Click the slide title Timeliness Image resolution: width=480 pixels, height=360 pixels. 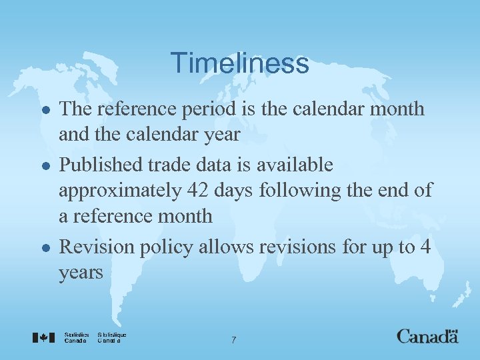[x=239, y=64]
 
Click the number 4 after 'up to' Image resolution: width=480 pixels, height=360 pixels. [x=425, y=247]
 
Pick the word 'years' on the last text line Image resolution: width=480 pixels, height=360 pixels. [x=81, y=273]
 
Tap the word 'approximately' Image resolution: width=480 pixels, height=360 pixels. [x=117, y=191]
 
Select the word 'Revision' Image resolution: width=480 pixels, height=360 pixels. [x=97, y=247]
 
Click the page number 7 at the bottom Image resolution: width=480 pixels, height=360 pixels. [x=233, y=340]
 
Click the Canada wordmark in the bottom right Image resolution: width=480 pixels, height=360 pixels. [x=427, y=337]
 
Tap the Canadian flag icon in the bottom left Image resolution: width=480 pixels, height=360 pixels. [x=43, y=337]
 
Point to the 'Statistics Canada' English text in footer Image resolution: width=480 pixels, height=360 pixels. [x=77, y=337]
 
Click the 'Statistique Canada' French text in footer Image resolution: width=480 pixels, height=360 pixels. [x=111, y=337]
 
